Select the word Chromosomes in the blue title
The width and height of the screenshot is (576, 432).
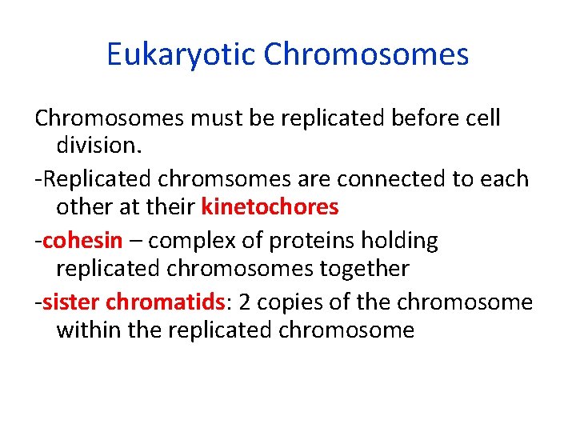[x=366, y=54]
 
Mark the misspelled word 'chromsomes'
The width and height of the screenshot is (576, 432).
[x=203, y=178]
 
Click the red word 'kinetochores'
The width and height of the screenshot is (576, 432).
[x=270, y=207]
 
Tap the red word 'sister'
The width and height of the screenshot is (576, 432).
[x=71, y=302]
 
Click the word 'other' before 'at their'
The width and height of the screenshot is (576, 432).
[x=82, y=207]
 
